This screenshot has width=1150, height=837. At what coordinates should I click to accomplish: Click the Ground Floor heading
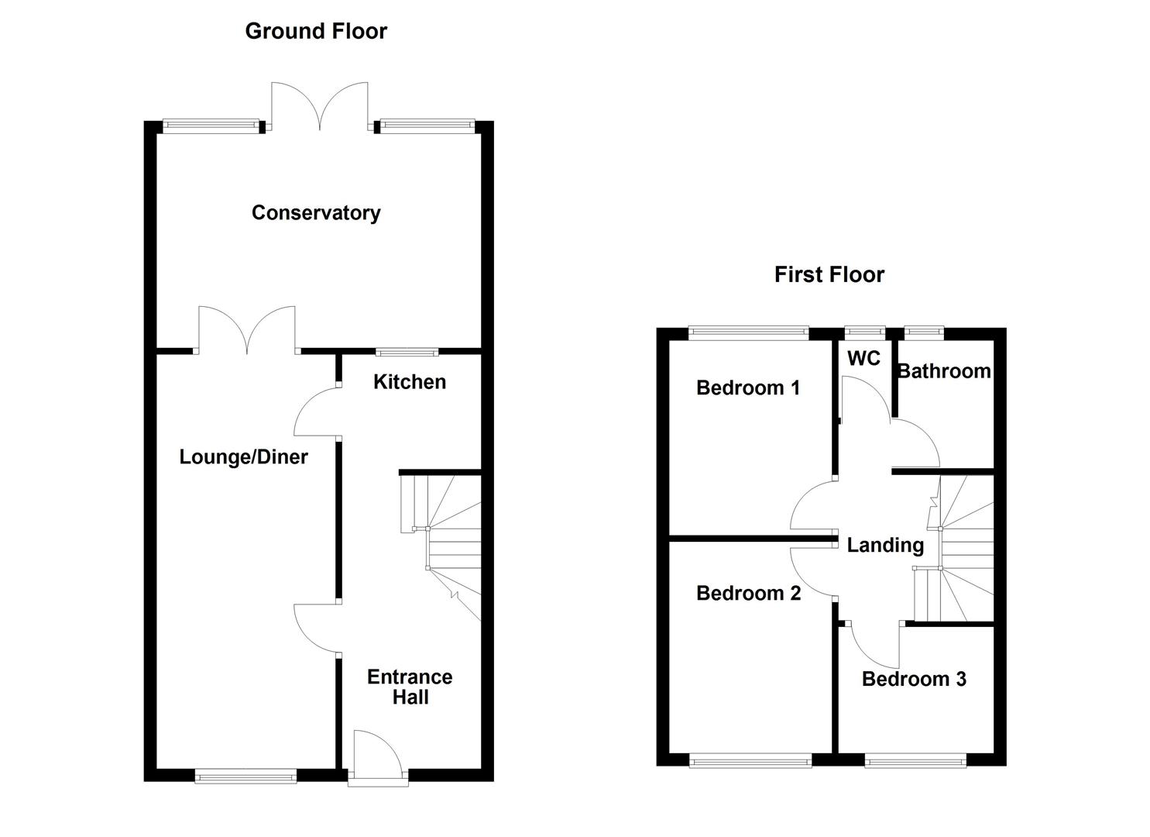(x=316, y=31)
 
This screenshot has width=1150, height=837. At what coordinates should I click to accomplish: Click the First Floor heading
(x=829, y=274)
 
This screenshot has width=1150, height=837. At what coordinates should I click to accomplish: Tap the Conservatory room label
(x=316, y=212)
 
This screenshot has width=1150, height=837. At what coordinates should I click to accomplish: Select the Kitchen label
(x=409, y=381)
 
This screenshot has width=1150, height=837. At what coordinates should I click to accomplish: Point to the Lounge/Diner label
(x=243, y=456)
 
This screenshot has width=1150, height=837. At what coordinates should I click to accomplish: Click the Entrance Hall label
(x=410, y=687)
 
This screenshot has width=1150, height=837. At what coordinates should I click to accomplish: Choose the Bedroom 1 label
(x=747, y=387)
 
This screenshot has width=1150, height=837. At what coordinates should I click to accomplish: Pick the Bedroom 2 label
(x=748, y=593)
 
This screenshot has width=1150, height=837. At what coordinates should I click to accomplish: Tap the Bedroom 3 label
(x=914, y=679)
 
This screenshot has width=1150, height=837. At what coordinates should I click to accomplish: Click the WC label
(x=863, y=358)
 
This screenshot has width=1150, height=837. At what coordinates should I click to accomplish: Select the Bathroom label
(x=943, y=371)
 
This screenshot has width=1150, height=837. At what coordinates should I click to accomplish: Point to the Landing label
(x=885, y=545)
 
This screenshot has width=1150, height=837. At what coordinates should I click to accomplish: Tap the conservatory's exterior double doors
(x=319, y=107)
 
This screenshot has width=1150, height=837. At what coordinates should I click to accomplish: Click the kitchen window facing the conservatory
(x=407, y=352)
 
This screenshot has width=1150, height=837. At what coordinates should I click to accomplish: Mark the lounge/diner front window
(x=245, y=775)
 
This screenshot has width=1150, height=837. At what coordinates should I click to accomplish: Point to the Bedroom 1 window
(x=748, y=333)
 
